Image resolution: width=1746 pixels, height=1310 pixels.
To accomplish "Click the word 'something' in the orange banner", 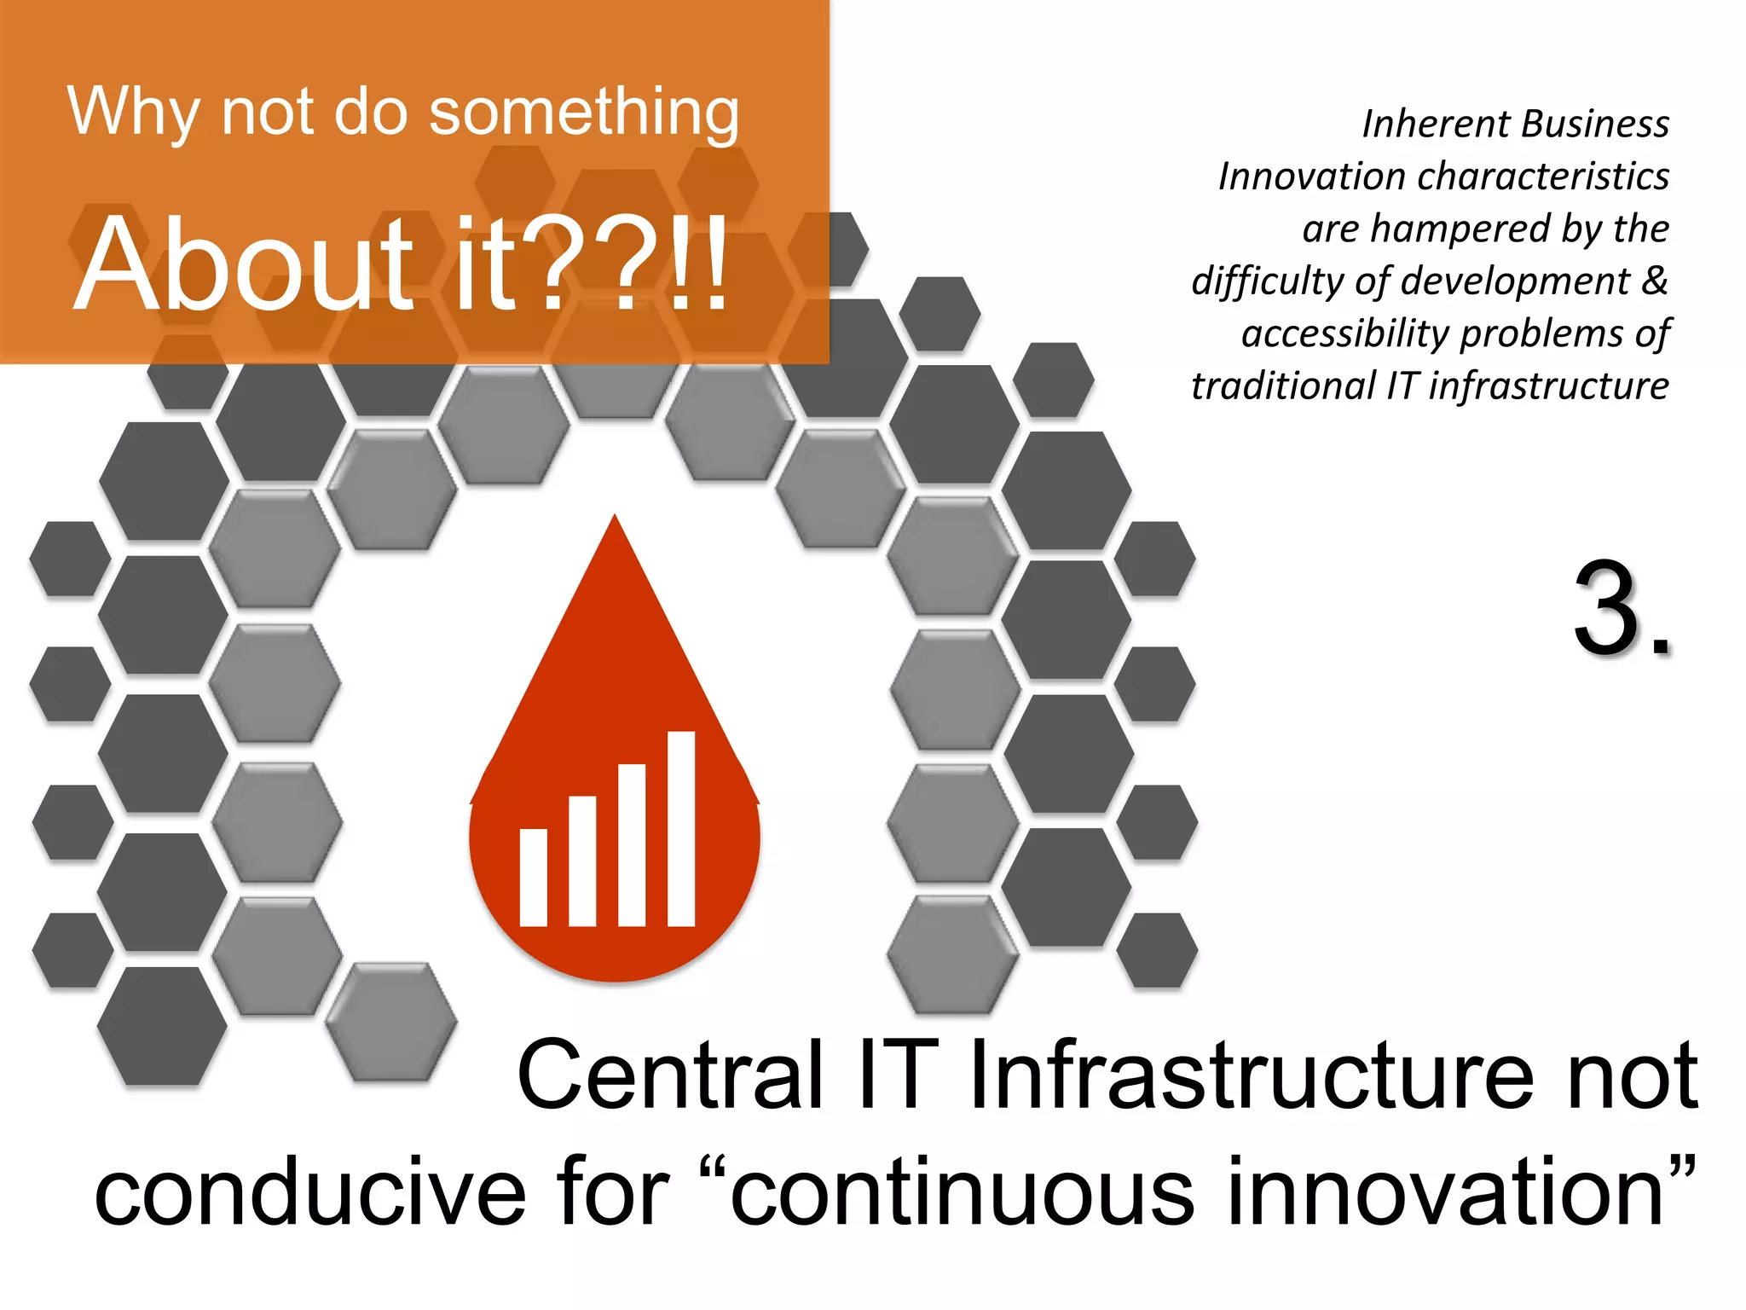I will tap(583, 113).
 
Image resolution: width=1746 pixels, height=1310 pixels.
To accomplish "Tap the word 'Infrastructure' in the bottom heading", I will tap(1250, 1075).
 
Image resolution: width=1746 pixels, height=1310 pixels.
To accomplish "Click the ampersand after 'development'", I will tap(1654, 281).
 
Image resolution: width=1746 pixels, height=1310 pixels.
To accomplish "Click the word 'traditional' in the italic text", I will tap(1281, 386).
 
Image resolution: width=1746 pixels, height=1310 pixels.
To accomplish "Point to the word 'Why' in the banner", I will tap(133, 113).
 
